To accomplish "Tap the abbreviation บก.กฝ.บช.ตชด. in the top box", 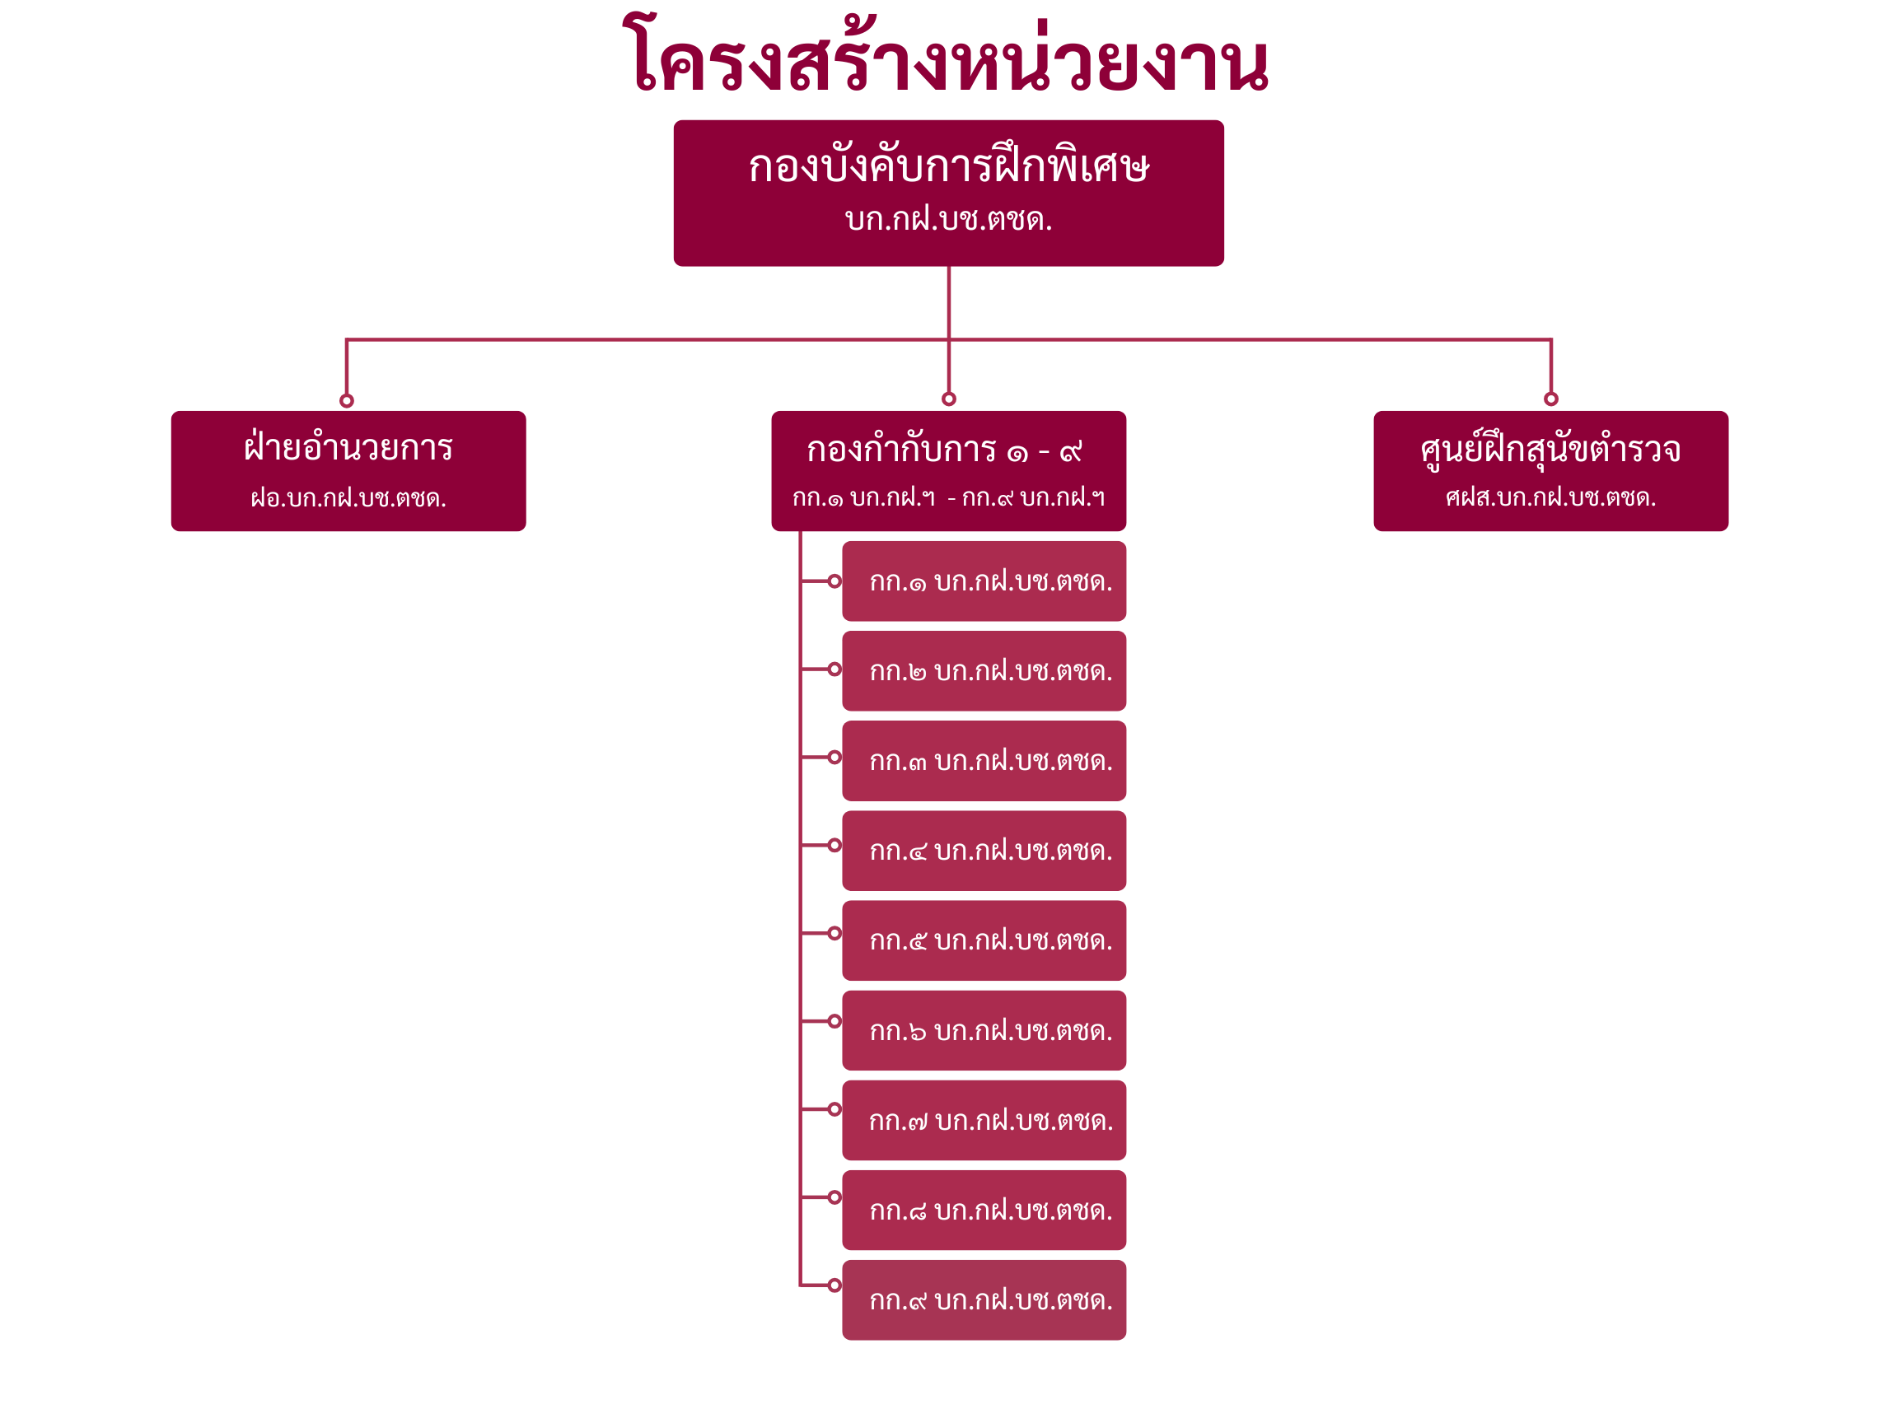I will [x=948, y=221].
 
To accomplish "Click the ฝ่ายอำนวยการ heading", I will [x=348, y=448].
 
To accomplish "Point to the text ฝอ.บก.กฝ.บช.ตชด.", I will [x=348, y=498].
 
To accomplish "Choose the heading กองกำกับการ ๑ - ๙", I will [x=944, y=450].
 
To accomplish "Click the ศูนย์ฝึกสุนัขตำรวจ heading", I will [x=1550, y=450].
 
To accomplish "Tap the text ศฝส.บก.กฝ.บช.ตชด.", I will [x=1550, y=497].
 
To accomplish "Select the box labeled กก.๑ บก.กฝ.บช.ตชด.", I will [x=984, y=581].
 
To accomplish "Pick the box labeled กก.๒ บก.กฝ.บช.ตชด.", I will [x=984, y=671].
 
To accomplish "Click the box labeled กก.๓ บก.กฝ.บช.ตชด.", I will [x=984, y=761].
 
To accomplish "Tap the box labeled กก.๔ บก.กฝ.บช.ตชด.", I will [x=984, y=851].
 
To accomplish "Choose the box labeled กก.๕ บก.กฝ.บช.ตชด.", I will [x=984, y=941].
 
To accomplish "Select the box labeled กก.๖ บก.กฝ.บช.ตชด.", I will [x=984, y=1030].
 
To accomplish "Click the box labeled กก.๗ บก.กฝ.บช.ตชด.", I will [x=984, y=1120].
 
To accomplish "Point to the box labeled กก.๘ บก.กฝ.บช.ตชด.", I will [x=984, y=1211].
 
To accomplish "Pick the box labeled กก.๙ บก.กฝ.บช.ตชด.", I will [x=984, y=1300].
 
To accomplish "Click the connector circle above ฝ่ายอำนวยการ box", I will [x=347, y=400].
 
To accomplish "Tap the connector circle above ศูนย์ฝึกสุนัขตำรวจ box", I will [x=1550, y=399].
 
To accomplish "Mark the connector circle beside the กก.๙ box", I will [x=834, y=1285].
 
